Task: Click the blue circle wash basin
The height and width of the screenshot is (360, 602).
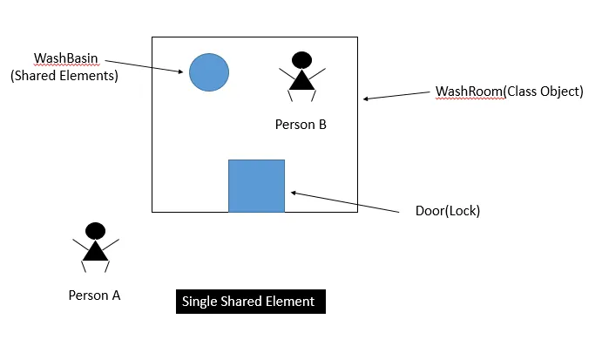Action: click(209, 72)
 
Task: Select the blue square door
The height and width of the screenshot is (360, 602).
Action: click(256, 186)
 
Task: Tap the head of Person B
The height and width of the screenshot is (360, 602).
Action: click(301, 60)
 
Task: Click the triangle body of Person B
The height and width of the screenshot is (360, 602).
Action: click(301, 80)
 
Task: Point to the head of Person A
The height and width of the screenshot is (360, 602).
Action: click(96, 231)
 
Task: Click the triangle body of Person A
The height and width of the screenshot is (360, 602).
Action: click(95, 251)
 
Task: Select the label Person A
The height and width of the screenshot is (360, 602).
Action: click(94, 295)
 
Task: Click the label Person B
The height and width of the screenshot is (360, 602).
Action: click(301, 125)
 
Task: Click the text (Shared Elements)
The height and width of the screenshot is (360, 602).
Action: click(64, 76)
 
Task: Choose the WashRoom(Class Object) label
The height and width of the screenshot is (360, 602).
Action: click(509, 91)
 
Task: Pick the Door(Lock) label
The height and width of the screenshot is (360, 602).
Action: click(448, 211)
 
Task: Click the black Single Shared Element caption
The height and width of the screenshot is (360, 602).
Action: click(249, 302)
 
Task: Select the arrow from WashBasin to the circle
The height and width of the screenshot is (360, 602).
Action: click(145, 67)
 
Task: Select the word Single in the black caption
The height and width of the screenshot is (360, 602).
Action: click(200, 302)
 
